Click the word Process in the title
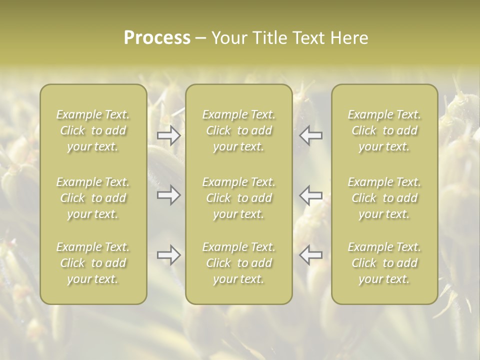point(157,38)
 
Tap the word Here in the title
point(348,38)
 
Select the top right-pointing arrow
point(168,135)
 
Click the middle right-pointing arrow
point(168,195)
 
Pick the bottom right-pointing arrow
point(168,255)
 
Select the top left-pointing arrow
point(311,135)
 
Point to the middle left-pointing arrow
point(311,195)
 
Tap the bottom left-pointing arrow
point(311,255)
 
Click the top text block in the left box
point(93,130)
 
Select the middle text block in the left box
point(93,198)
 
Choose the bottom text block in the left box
point(93,263)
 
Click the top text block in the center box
point(238,130)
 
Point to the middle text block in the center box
point(238,198)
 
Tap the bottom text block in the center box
point(238,263)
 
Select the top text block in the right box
point(384,130)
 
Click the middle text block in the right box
point(384,198)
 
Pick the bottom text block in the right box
point(384,263)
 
